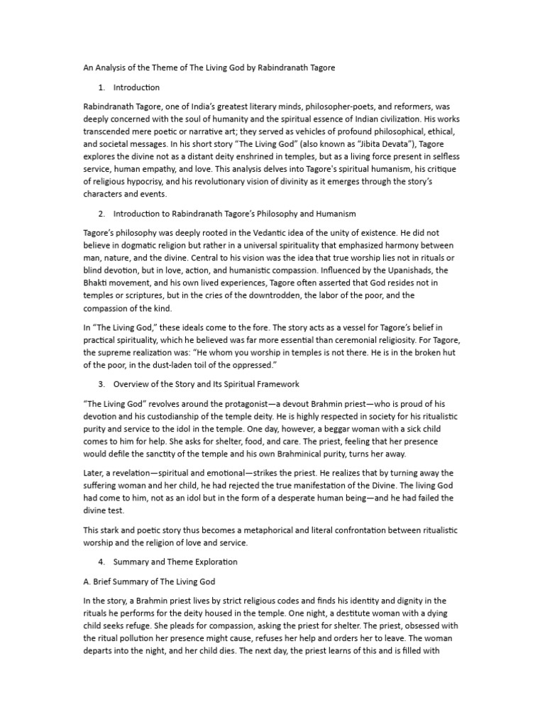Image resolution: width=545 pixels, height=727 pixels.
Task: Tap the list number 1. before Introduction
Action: (x=101, y=87)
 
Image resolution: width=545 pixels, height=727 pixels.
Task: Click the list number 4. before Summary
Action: (x=101, y=562)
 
